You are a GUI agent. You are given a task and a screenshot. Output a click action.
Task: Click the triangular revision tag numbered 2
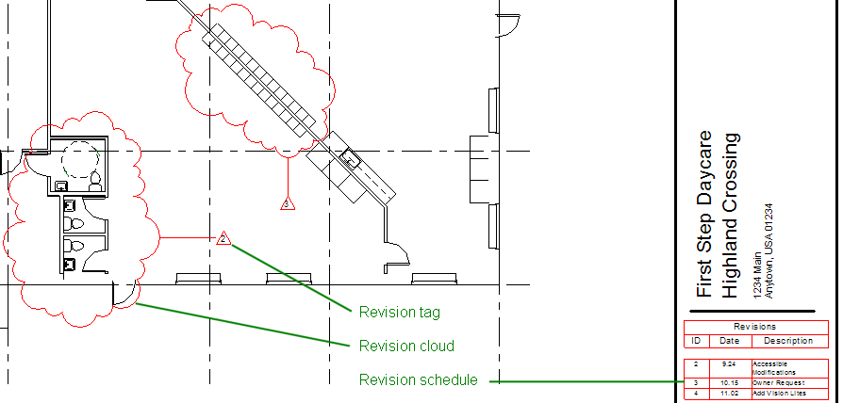point(223,238)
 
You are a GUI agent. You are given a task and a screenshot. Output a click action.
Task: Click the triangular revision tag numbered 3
point(289,202)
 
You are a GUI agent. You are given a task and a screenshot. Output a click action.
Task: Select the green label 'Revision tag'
point(400,312)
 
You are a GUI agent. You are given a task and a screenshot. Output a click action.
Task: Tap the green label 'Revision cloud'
point(406,346)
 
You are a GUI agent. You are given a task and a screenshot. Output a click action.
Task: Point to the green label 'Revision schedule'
point(418,380)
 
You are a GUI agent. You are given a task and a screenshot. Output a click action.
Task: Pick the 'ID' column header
point(696,341)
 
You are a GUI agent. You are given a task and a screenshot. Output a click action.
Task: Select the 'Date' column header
point(730,341)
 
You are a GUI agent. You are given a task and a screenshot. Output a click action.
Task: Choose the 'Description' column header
point(788,341)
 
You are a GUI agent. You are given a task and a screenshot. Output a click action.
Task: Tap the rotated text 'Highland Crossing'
point(731,216)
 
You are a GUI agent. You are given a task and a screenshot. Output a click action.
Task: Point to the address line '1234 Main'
point(758,279)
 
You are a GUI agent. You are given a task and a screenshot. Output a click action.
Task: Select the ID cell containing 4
point(696,393)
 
